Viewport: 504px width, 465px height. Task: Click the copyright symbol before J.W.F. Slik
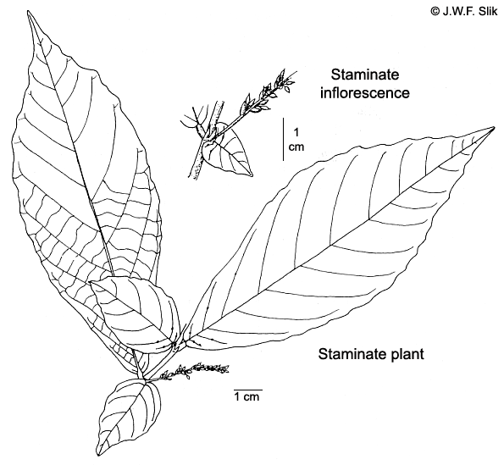(435, 11)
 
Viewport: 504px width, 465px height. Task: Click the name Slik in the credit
(487, 11)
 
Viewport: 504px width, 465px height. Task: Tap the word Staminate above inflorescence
(365, 75)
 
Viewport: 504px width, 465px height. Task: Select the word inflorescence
(365, 93)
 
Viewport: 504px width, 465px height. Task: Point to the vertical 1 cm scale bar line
(283, 139)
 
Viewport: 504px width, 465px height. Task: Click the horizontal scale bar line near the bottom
(248, 390)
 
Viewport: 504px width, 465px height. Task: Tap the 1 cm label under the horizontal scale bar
(246, 397)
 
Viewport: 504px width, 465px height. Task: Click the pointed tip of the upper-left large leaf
(28, 12)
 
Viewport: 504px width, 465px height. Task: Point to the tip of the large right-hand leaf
(494, 128)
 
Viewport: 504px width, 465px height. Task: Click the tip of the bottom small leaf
(98, 455)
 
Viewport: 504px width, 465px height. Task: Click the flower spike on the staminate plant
(193, 372)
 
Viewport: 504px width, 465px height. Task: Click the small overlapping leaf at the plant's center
(135, 309)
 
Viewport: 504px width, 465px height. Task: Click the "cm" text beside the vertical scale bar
(296, 147)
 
